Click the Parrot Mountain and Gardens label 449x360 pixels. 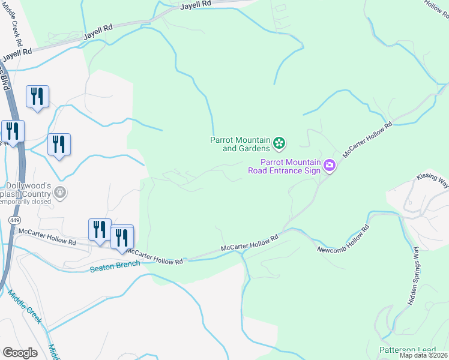pyautogui.click(x=239, y=144)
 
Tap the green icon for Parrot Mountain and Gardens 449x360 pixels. pyautogui.click(x=279, y=143)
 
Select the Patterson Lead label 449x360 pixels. pyautogui.click(x=407, y=350)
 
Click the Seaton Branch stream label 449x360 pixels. pyautogui.click(x=115, y=265)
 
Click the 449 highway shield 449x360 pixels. pyautogui.click(x=14, y=221)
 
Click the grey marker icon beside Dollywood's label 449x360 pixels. pyautogui.click(x=59, y=192)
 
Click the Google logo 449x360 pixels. pyautogui.click(x=20, y=353)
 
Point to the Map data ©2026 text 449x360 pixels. pyautogui.click(x=423, y=355)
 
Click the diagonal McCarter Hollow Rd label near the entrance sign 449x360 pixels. pyautogui.click(x=367, y=140)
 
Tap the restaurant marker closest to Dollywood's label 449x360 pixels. pyautogui.click(x=59, y=145)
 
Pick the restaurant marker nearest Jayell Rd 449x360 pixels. pyautogui.click(x=38, y=97)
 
